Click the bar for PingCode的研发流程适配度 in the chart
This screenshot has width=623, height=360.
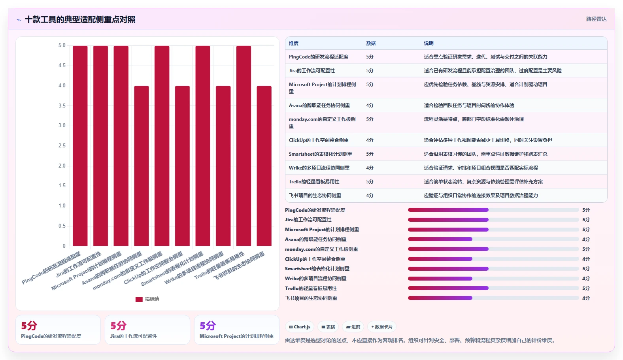(x=80, y=146)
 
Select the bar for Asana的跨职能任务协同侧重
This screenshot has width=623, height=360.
(x=142, y=166)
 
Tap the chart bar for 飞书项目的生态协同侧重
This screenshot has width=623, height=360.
(x=264, y=166)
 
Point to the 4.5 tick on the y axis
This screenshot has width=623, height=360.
(x=62, y=66)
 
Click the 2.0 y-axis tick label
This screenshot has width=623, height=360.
(x=62, y=166)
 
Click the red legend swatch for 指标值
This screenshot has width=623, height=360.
(x=139, y=300)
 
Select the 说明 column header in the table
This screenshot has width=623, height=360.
(x=429, y=43)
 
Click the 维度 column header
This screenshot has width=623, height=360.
(x=293, y=43)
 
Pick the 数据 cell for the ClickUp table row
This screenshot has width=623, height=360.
(x=370, y=140)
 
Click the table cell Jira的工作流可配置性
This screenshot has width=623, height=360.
(x=312, y=71)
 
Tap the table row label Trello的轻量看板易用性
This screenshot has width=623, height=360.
(x=314, y=182)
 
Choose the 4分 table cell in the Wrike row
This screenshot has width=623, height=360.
(x=370, y=168)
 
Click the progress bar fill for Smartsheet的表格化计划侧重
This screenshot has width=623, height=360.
(x=448, y=269)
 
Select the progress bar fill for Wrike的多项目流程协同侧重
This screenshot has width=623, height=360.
(x=440, y=279)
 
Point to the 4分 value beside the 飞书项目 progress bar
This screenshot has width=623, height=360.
(x=586, y=298)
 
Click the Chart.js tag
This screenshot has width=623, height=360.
(x=300, y=327)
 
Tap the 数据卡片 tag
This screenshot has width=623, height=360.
(x=381, y=327)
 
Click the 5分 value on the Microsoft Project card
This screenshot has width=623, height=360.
(x=208, y=326)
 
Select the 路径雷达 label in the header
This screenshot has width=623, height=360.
(x=596, y=19)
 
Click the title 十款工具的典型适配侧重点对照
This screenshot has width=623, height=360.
(x=80, y=19)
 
